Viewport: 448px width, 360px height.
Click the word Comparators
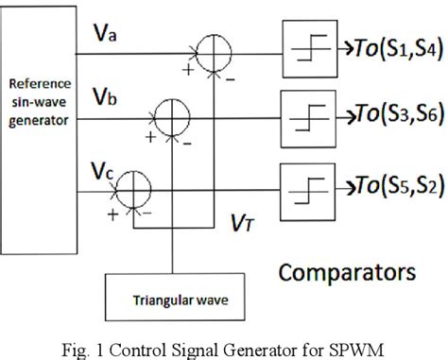[347, 273]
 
